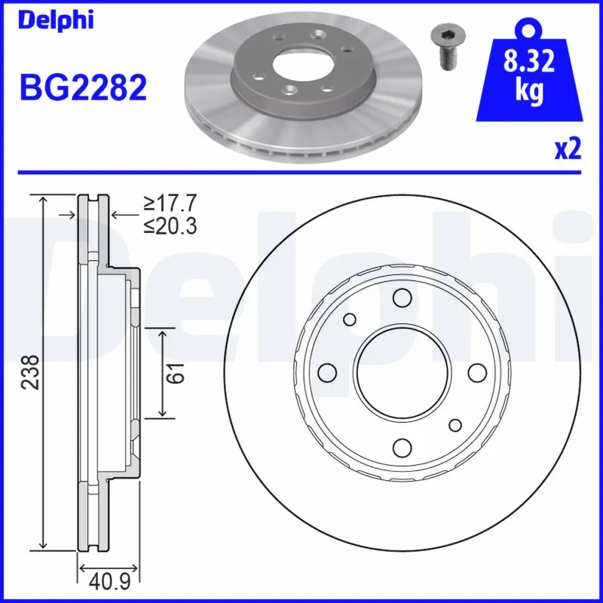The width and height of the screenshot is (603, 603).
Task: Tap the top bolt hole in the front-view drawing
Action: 402,298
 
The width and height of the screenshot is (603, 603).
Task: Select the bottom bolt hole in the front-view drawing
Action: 402,448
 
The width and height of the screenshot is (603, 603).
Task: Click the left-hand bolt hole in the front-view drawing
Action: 327,373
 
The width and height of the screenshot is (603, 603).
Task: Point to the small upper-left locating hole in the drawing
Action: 349,320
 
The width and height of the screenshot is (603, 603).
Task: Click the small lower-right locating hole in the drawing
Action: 455,426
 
